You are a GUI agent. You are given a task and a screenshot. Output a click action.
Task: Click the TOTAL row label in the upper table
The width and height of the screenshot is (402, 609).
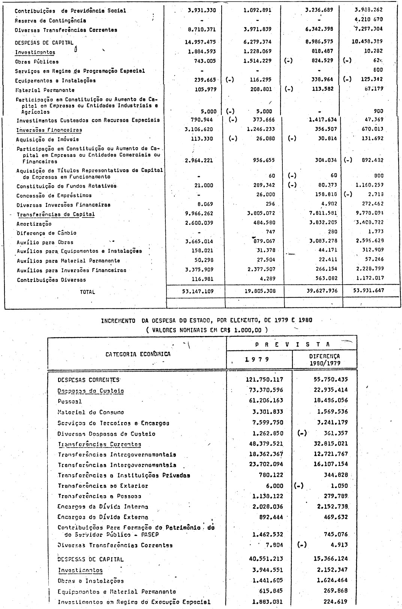[x=87, y=292]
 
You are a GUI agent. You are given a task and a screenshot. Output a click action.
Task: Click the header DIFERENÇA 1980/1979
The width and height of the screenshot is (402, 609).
[x=324, y=360]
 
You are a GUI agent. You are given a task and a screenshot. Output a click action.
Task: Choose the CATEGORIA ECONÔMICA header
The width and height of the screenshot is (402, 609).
[x=138, y=354]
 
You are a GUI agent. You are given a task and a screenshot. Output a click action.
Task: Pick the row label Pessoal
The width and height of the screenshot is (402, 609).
[x=70, y=401]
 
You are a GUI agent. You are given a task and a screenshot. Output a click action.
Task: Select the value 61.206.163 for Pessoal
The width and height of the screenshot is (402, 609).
[x=265, y=401]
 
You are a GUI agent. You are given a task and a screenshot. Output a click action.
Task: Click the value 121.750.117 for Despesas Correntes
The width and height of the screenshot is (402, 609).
[x=264, y=380]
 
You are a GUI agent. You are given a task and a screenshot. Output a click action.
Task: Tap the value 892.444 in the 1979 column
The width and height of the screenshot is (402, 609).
[x=271, y=517]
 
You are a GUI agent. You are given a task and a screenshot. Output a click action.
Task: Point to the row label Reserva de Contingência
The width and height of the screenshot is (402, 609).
[x=50, y=21]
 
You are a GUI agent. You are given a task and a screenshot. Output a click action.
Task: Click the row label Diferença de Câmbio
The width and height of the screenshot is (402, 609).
[x=46, y=233]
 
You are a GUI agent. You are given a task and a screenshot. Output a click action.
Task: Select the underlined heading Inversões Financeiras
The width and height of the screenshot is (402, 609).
[x=49, y=130]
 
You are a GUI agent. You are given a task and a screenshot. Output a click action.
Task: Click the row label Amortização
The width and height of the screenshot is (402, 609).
[x=34, y=224]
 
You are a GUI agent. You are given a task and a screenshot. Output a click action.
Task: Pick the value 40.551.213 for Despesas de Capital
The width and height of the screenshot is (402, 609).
[x=264, y=559]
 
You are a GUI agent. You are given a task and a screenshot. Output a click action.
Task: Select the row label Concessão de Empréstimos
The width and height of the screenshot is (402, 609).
[x=54, y=196]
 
